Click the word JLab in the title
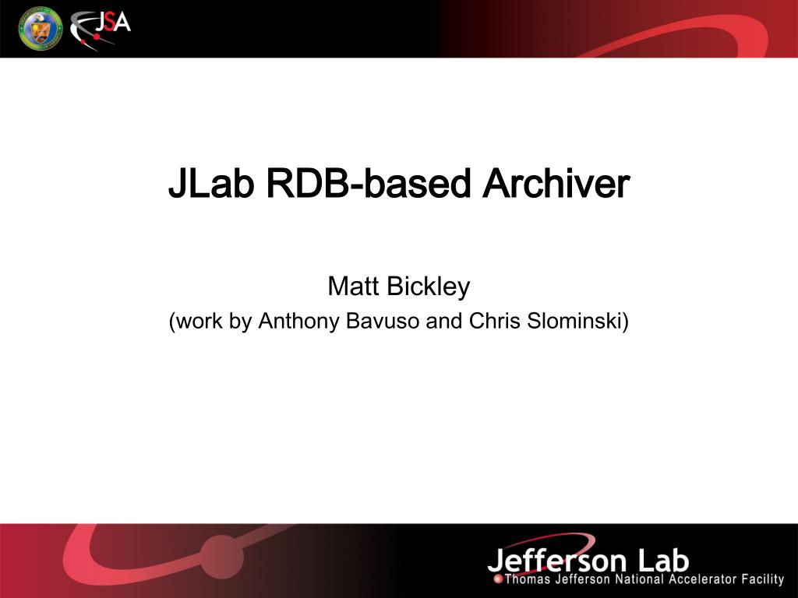tap(211, 183)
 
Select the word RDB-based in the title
tap(369, 183)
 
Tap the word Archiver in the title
tap(556, 183)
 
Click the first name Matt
tap(353, 287)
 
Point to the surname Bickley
tap(428, 287)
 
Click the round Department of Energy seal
tap(41, 29)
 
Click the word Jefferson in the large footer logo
tap(556, 561)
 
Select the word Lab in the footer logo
tap(663, 560)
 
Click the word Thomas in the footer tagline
tap(528, 579)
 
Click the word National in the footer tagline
tap(639, 579)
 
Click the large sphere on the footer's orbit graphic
tap(222, 557)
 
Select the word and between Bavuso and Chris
tap(443, 321)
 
